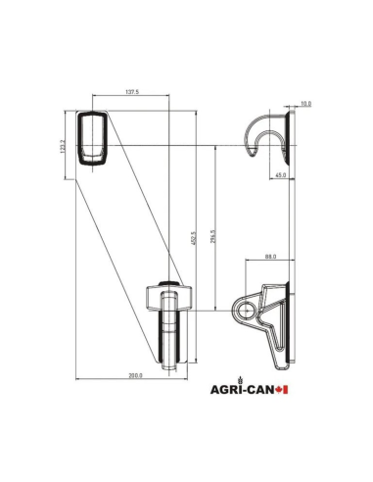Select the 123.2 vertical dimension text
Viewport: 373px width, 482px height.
[x=63, y=145]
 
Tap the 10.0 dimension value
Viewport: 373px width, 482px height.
[x=305, y=103]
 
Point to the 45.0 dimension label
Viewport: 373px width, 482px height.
[x=280, y=176]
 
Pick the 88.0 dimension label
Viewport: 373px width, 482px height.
[x=270, y=258]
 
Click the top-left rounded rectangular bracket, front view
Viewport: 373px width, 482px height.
[x=93, y=137]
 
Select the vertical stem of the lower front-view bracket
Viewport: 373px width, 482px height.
[x=168, y=338]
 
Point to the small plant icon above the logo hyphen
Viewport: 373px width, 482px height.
[x=253, y=383]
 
